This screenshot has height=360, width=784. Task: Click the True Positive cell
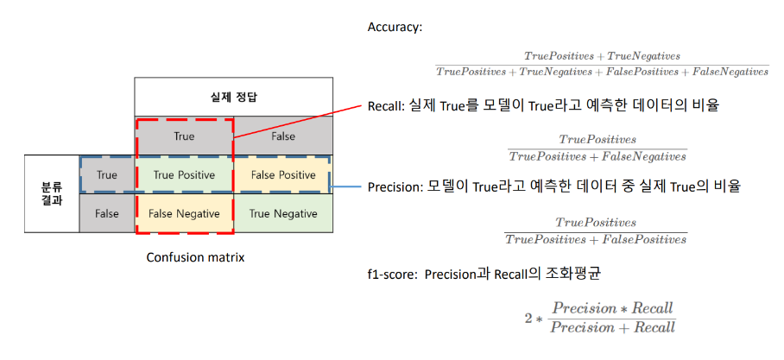point(185,174)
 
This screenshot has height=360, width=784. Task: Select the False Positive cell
point(282,174)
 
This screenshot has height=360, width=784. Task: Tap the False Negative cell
point(185,213)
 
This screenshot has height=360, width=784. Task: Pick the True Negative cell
point(282,213)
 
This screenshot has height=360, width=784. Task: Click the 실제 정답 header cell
point(233,96)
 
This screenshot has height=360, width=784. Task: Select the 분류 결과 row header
point(52,193)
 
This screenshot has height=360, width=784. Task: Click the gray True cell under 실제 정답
point(185,136)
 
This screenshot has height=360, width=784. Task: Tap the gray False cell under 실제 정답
point(282,136)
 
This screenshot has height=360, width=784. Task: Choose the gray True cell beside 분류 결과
point(107,174)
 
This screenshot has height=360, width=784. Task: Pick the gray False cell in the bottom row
point(107,213)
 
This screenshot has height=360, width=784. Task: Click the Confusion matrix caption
point(195,257)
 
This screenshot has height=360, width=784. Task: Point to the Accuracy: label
point(395,28)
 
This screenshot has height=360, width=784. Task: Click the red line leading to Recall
point(298,120)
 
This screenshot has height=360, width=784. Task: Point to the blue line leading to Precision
point(347,186)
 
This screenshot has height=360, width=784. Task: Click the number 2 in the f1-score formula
point(528,318)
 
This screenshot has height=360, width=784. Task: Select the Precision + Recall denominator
point(613,327)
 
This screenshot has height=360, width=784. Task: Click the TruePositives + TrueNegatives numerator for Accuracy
point(602,56)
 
